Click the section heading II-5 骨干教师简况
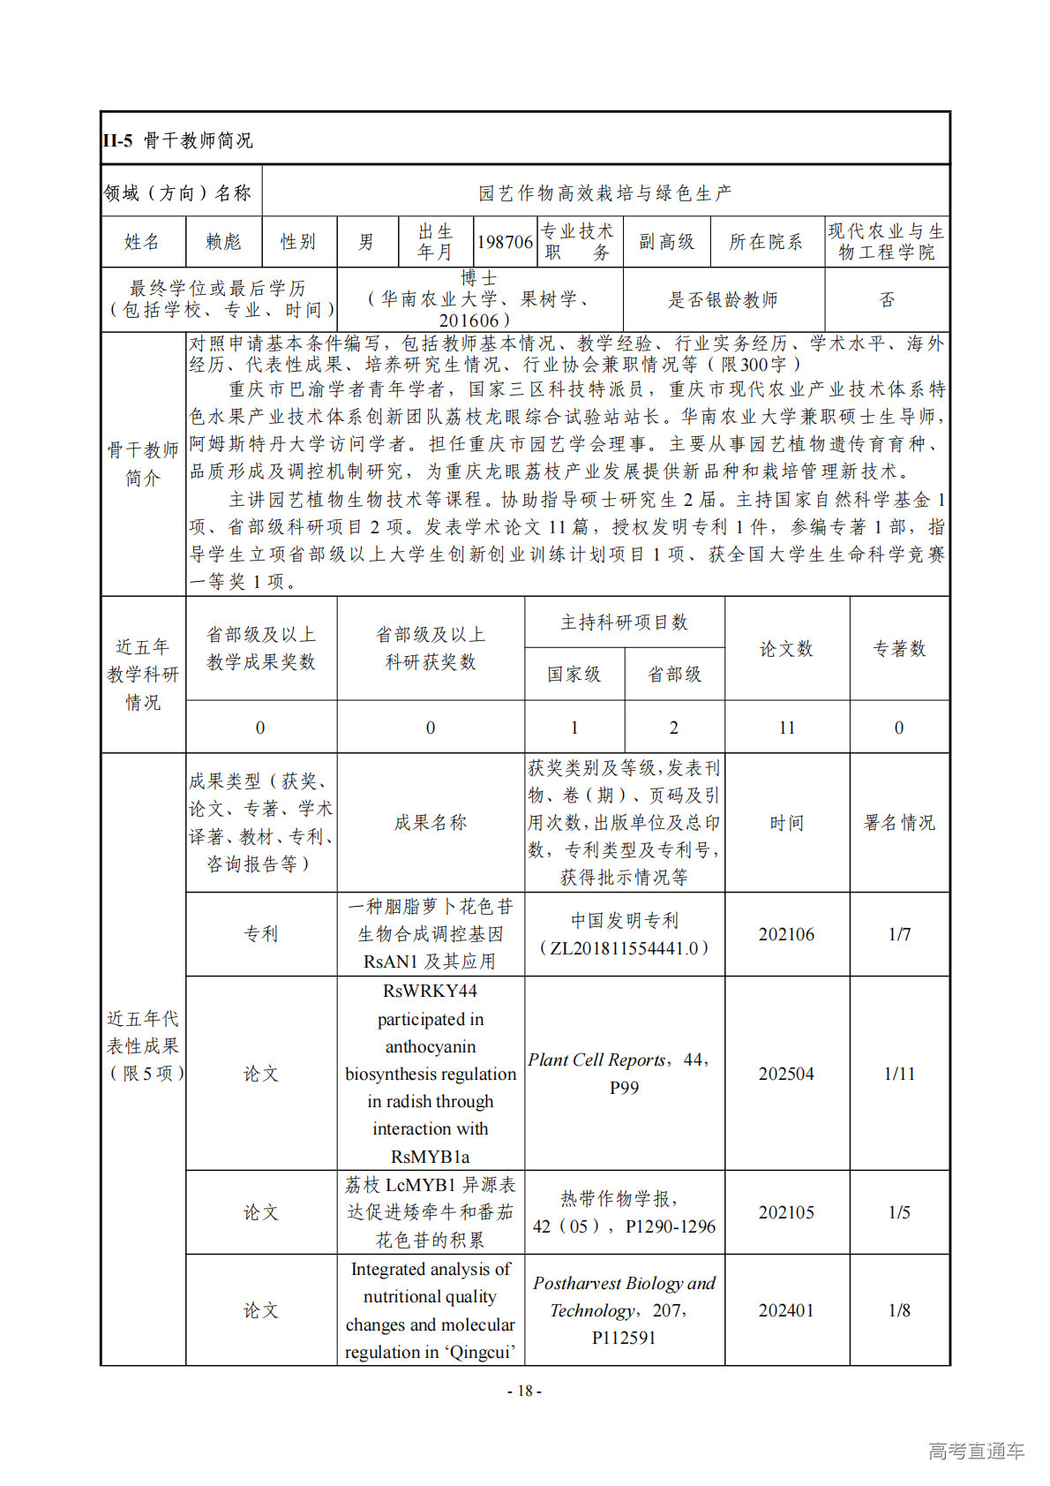coord(178,140)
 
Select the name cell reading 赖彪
coord(223,242)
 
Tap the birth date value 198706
coord(505,242)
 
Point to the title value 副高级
coord(666,242)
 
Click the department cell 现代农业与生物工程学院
coord(886,242)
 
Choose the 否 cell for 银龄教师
coord(887,300)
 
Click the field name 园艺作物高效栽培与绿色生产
coord(604,192)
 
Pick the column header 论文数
coord(786,649)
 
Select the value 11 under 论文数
coord(786,728)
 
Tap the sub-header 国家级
coord(574,675)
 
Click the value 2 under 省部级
coord(674,728)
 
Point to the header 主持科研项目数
coord(624,622)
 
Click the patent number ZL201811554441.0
coord(624,948)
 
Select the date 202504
coord(786,1074)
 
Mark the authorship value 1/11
coord(899,1074)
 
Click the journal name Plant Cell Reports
coord(596,1060)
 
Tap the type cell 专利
coord(260,934)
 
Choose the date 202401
coord(786,1310)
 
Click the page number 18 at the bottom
coord(524,1392)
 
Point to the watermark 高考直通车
coord(976,1451)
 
